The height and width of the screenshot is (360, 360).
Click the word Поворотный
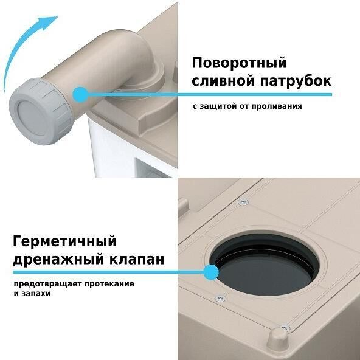[x=239, y=63]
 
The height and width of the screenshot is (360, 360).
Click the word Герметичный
[x=64, y=241]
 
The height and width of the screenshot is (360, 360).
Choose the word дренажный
[x=58, y=260]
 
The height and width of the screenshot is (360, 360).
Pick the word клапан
[x=137, y=259]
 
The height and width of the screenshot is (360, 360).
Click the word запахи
[x=36, y=294]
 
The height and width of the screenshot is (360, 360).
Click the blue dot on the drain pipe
[x=80, y=94]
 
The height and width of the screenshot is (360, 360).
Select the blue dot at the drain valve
[x=210, y=272]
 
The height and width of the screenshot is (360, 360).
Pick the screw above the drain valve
[x=243, y=202]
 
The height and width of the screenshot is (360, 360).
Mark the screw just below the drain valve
[x=220, y=298]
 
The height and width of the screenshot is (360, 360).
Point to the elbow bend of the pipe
[x=138, y=53]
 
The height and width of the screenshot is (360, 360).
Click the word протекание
[x=109, y=284]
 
